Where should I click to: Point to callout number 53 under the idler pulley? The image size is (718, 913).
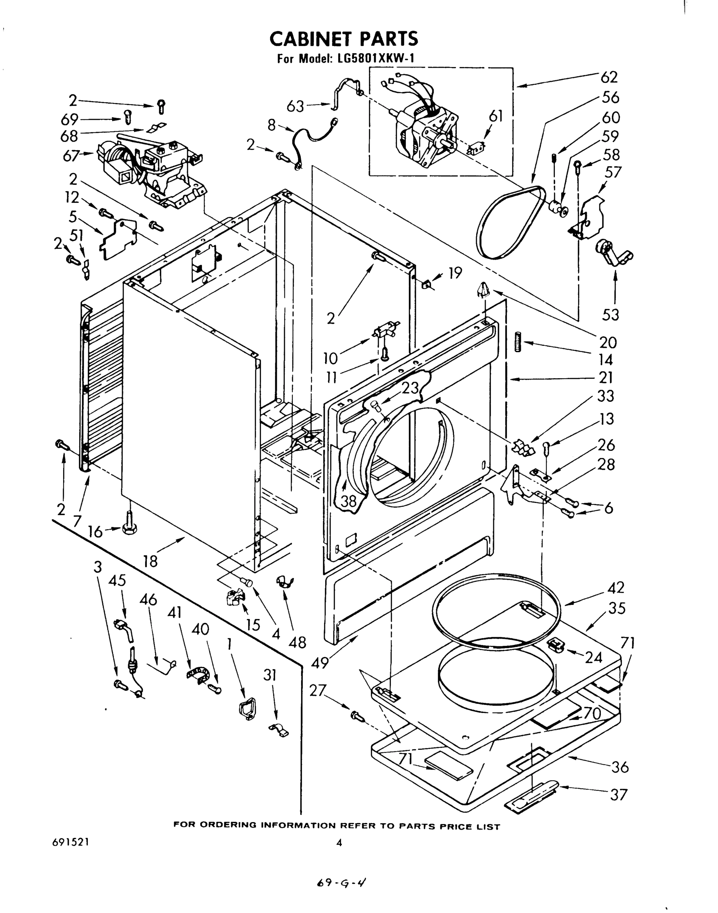tap(610, 315)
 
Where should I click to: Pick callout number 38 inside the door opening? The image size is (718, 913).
tap(348, 501)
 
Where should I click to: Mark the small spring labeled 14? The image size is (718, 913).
tap(518, 342)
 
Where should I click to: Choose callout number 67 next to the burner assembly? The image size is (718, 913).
tap(71, 156)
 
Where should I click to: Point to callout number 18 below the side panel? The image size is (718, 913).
tap(150, 561)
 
